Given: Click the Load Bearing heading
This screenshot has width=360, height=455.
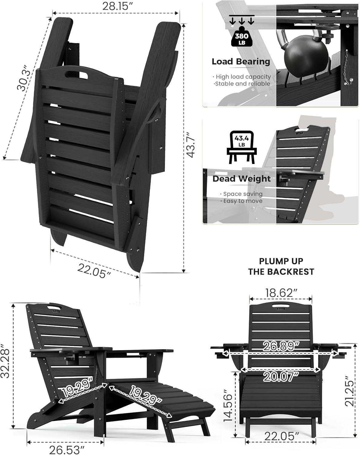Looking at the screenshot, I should click(241, 62).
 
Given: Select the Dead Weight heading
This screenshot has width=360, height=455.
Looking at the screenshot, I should click(242, 179).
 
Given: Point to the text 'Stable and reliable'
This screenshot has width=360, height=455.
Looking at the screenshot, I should click(242, 84).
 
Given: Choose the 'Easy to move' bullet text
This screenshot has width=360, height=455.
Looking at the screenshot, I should click(243, 201).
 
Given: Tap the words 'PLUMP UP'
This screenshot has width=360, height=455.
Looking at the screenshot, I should click(281, 261).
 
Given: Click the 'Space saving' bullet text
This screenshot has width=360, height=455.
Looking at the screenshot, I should click(243, 194).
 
